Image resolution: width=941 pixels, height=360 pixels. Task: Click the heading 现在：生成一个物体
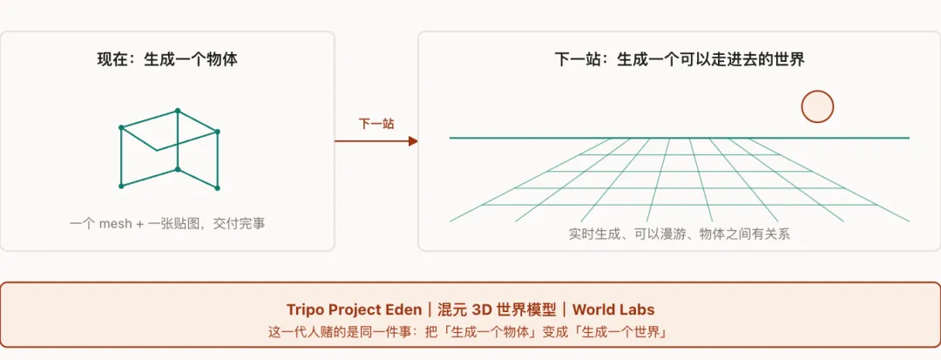pos(167,60)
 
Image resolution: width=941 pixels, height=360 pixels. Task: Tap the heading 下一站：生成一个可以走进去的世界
pos(679,60)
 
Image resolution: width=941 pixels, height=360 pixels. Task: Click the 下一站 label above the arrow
pos(376,124)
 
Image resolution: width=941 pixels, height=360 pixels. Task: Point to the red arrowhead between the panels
pos(413,141)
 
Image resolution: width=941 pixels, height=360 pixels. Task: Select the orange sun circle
pos(817,107)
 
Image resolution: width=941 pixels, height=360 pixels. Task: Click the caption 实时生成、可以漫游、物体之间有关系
pos(679,234)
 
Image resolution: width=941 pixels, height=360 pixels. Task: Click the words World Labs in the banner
pos(613,309)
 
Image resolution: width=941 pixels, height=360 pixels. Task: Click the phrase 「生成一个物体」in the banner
pos(497,332)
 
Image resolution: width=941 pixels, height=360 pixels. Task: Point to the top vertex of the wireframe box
pos(178,111)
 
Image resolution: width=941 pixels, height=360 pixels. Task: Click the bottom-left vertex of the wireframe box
pos(121,186)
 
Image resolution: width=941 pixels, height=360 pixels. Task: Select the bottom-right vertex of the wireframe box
pos(217,187)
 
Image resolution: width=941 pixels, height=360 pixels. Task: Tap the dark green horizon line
pos(680,138)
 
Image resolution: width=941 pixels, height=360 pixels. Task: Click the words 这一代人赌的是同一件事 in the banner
pos(349,332)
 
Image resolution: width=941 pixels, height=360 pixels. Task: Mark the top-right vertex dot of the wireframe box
pos(217,132)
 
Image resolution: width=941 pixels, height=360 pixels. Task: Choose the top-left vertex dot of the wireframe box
pos(121,127)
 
